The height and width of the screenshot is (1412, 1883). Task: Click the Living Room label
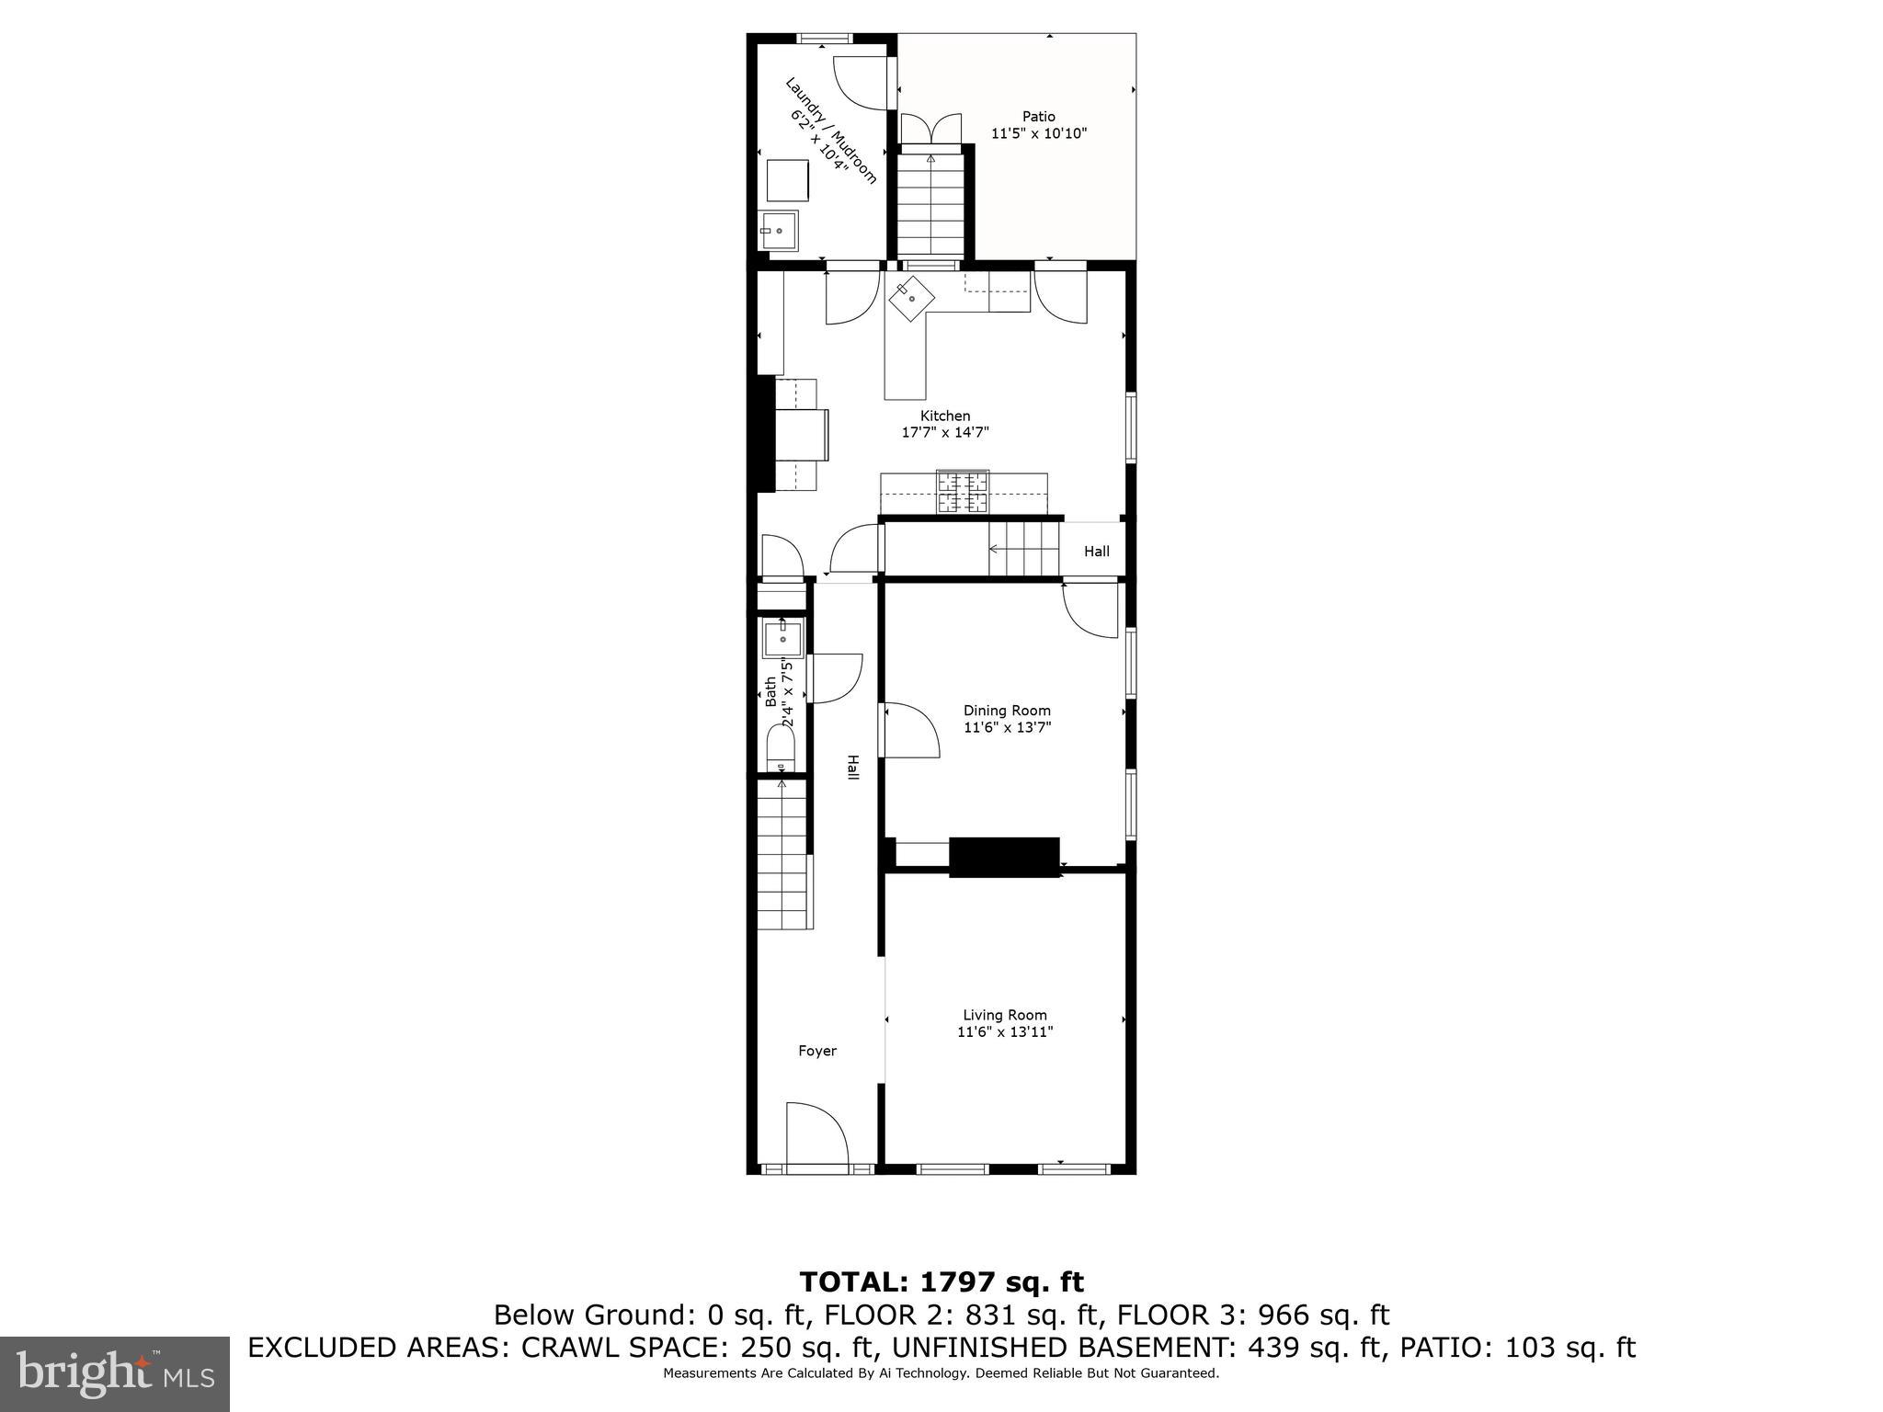1004,1015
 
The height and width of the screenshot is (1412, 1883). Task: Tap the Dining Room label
1007,710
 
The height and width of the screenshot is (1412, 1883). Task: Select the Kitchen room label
945,416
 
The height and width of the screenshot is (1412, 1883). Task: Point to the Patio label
1039,117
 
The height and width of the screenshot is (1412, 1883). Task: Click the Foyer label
817,1051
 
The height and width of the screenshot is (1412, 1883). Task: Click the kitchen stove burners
963,492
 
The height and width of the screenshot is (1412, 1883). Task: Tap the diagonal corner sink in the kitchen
910,297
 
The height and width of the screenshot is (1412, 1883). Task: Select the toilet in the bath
781,749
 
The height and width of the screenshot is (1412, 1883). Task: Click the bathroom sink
783,637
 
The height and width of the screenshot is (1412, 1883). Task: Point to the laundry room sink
780,230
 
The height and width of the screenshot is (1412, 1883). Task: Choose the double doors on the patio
930,129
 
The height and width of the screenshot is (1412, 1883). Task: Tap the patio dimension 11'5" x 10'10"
1039,133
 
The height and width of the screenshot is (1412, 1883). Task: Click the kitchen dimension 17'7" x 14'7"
945,432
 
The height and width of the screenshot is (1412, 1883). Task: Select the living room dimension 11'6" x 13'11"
1004,1031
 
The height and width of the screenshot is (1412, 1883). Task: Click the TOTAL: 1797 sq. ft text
941,1281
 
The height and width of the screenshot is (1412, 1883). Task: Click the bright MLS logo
115,1373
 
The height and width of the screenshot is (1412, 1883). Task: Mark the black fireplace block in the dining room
1004,857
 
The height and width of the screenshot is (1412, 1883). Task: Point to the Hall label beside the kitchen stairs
1096,552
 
